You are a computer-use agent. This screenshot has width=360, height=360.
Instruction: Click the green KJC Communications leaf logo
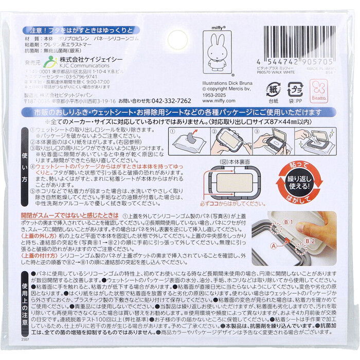pos(50,62)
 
